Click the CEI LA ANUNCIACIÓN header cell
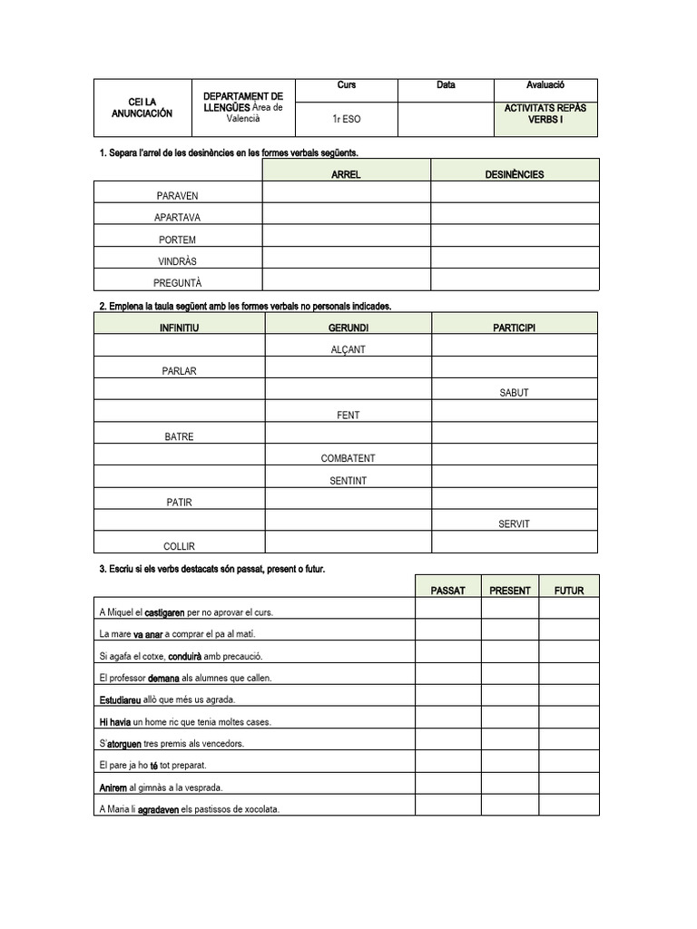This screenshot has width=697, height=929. [148, 108]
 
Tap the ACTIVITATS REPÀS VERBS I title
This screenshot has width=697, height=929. [545, 113]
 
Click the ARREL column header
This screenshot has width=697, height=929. [347, 174]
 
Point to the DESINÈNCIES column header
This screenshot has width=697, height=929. [514, 174]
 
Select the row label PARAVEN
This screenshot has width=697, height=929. [177, 196]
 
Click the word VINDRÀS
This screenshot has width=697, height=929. [177, 261]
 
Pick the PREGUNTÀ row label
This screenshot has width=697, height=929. [177, 283]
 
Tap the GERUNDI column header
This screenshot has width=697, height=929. [348, 328]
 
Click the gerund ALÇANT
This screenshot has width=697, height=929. [348, 349]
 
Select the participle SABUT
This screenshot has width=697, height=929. [514, 393]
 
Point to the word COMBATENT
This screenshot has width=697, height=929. [348, 459]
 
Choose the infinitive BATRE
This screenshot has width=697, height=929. [179, 437]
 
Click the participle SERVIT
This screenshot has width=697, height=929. [514, 524]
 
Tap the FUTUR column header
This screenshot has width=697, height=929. [569, 591]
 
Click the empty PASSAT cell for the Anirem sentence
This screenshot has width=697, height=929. [448, 787]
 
